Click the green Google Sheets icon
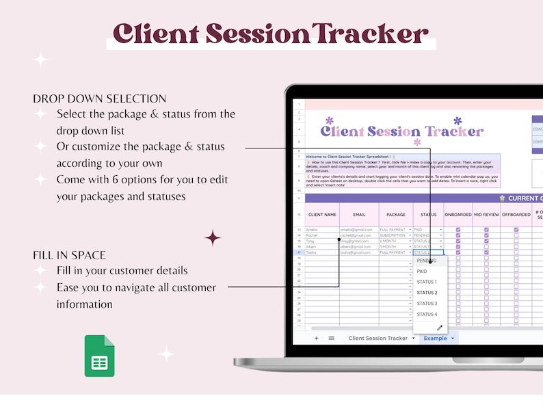pyautogui.click(x=99, y=356)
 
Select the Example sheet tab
pyautogui.click(x=435, y=338)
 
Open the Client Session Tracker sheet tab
pyautogui.click(x=378, y=338)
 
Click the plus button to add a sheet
pyautogui.click(x=316, y=338)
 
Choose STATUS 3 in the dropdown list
pyautogui.click(x=427, y=303)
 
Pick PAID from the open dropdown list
pyautogui.click(x=422, y=272)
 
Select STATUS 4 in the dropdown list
pyautogui.click(x=427, y=314)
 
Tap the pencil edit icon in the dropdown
pyautogui.click(x=440, y=328)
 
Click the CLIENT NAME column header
pyautogui.click(x=322, y=214)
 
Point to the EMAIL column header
pyautogui.click(x=358, y=214)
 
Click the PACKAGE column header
pyautogui.click(x=396, y=214)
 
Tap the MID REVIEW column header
pyautogui.click(x=486, y=214)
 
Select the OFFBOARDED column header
pyautogui.click(x=516, y=214)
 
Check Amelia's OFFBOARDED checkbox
pyautogui.click(x=516, y=230)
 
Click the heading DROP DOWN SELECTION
pyautogui.click(x=99, y=99)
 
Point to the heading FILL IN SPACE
pyautogui.click(x=69, y=255)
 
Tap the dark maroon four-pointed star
pyautogui.click(x=213, y=237)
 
